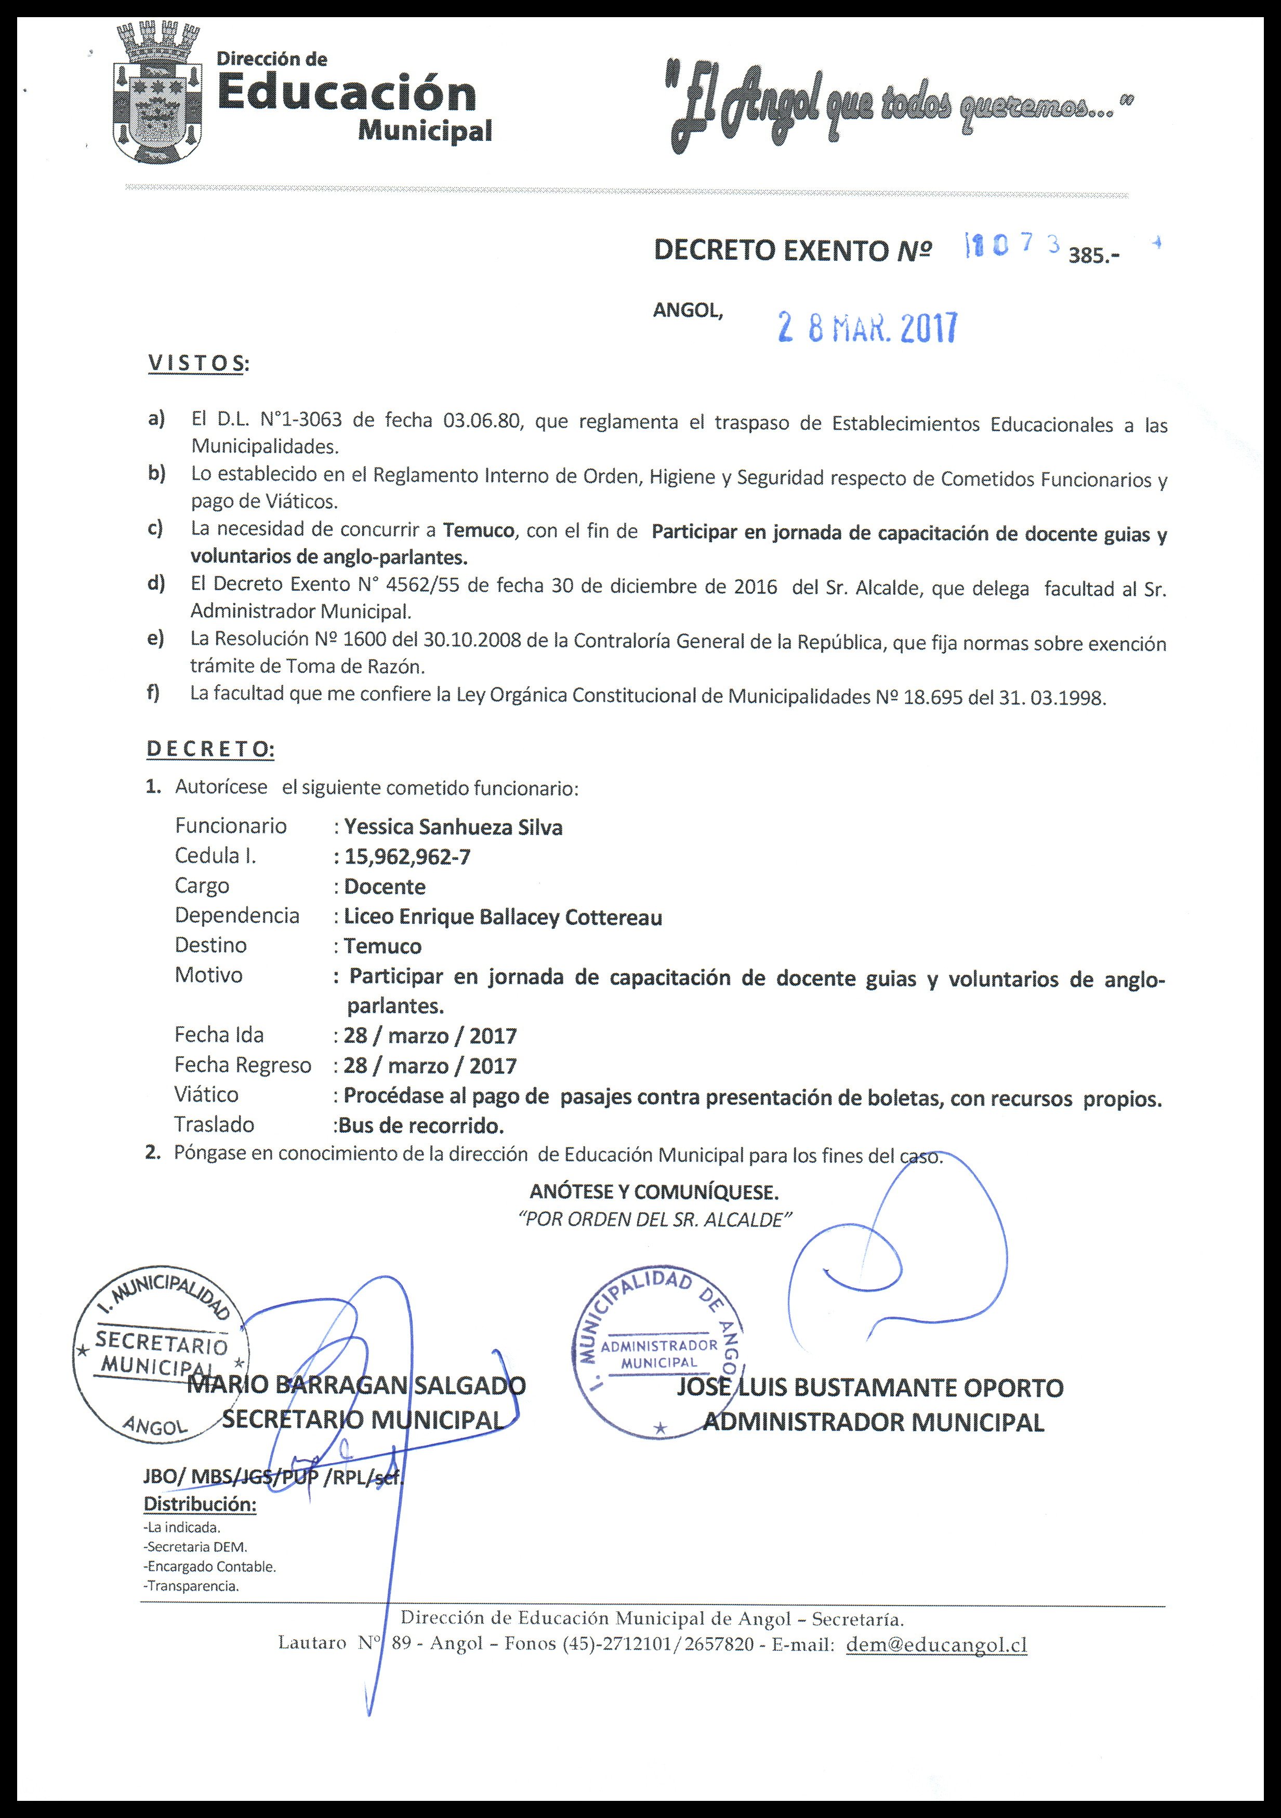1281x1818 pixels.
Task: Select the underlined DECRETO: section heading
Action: [210, 749]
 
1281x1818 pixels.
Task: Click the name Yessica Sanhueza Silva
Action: [453, 828]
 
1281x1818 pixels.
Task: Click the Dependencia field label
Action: [237, 916]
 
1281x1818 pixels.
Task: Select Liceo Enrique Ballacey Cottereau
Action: [503, 917]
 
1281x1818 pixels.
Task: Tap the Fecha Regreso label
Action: [242, 1065]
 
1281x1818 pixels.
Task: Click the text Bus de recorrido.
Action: [420, 1125]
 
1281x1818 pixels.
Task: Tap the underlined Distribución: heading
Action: [200, 1504]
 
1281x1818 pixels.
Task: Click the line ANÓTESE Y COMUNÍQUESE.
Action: [654, 1191]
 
